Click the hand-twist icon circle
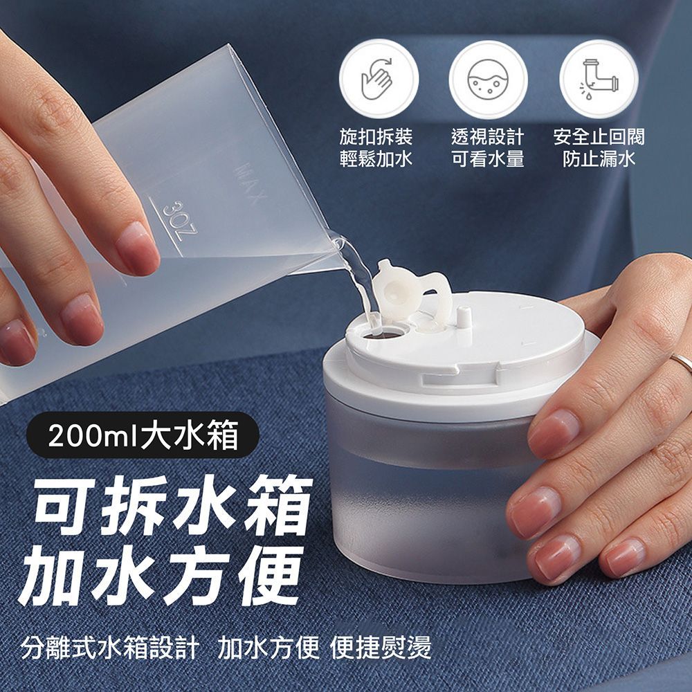coord(379,79)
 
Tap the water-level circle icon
coord(488,80)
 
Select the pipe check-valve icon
coord(599,80)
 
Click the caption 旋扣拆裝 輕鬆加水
coord(376,148)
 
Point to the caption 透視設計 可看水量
coord(488,148)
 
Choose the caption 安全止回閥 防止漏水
coord(599,148)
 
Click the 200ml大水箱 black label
coord(143,435)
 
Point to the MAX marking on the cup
coord(252,183)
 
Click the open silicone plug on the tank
coord(408,293)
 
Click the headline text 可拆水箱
coord(173,506)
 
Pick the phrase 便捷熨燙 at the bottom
coord(381,648)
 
